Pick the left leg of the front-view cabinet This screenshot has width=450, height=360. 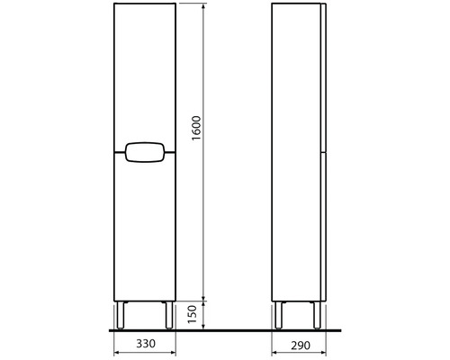tap(121, 316)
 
